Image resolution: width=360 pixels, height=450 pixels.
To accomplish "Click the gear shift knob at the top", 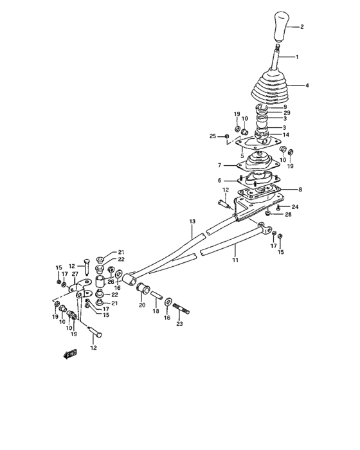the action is [280, 26].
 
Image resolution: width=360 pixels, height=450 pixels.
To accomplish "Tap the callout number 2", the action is [301, 27].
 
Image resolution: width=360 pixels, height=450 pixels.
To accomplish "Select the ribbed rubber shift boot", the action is [270, 86].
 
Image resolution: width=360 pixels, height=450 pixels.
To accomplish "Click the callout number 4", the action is [307, 85].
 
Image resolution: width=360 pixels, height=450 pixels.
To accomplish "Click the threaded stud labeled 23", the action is [181, 308].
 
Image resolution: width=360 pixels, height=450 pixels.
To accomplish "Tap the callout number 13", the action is [192, 221].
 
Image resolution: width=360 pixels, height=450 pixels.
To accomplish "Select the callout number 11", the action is [235, 260].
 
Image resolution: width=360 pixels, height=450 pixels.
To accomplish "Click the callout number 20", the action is [142, 305].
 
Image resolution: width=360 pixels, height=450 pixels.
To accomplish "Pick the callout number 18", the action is [156, 311].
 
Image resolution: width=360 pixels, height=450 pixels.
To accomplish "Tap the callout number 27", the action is [75, 274].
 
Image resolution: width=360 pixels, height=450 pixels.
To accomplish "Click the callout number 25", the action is [212, 136].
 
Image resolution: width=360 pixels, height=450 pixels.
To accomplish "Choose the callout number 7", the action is [220, 165].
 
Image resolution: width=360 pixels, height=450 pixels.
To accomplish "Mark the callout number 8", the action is [300, 190].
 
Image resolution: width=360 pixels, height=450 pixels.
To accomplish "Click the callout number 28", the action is [288, 214].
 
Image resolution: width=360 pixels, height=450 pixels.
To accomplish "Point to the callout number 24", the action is [295, 206].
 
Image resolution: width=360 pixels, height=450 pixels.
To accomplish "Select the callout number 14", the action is [286, 134].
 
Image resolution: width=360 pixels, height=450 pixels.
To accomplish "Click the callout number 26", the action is [111, 282].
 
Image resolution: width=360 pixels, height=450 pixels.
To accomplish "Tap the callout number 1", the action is [297, 57].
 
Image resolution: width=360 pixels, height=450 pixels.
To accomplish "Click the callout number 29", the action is [287, 113].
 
